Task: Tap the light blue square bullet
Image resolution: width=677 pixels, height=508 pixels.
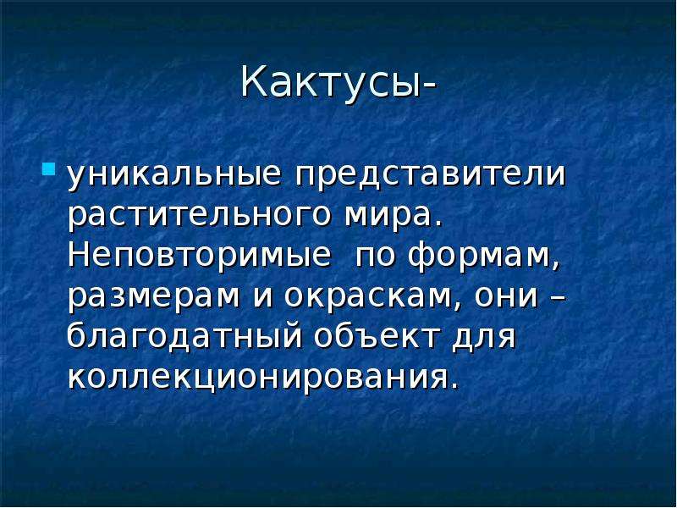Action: coord(49,168)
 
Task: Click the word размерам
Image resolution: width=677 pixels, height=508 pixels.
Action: coord(154,297)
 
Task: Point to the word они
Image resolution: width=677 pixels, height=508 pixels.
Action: coord(506,297)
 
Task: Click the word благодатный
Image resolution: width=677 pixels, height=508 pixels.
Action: coord(184,336)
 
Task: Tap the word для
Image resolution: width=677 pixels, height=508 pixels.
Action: coord(484,338)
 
